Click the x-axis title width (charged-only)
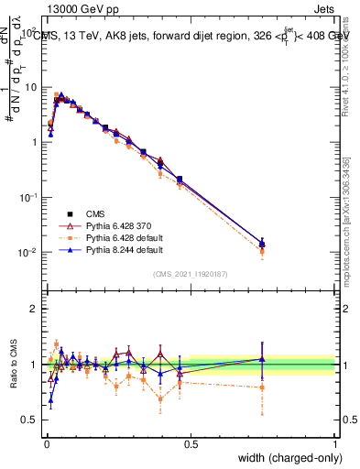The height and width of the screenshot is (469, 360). point(286,458)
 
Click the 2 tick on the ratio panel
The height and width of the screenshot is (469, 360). point(34,309)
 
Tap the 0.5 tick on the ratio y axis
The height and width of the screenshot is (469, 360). point(30,420)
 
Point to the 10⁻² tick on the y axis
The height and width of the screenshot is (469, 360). point(29,252)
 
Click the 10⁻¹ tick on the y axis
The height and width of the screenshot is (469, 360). point(29,197)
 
